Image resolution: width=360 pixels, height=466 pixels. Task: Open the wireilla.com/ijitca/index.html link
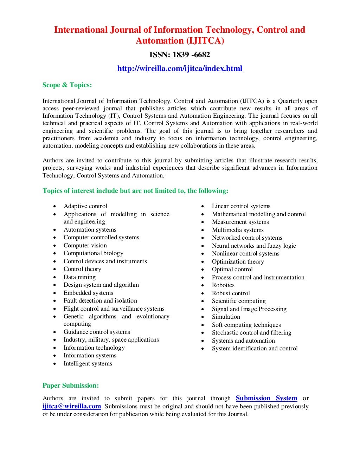[180, 69]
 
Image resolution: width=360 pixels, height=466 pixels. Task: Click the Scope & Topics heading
[67, 85]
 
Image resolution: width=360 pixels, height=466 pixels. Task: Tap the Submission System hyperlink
[266, 398]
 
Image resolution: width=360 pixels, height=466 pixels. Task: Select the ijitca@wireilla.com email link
[72, 406]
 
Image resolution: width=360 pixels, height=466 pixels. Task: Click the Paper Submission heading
[71, 386]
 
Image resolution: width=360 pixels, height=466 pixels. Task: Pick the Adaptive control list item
[85, 206]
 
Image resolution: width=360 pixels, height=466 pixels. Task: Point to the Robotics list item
[223, 285]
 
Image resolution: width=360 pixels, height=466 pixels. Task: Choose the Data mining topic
[79, 277]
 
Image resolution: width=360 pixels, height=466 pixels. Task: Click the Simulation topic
[226, 317]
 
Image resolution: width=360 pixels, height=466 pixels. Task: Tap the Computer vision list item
[85, 246]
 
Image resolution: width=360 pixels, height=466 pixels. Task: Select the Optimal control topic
[232, 270]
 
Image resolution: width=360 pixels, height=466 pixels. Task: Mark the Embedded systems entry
[88, 293]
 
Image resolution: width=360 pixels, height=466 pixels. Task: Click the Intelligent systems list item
[88, 364]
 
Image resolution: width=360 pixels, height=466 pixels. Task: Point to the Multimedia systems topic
[238, 230]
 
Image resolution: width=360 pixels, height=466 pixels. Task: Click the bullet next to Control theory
[55, 270]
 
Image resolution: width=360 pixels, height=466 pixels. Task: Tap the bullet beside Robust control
[203, 293]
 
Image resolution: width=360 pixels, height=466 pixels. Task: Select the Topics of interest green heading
[135, 191]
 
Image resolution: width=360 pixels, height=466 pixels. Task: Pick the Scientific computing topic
[239, 301]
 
